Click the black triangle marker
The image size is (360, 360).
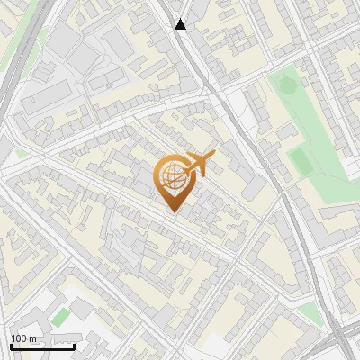(181, 24)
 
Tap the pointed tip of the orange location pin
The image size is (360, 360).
(174, 212)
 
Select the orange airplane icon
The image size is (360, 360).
(198, 165)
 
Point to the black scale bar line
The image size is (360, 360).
(42, 346)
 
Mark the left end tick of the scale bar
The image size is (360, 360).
(11, 345)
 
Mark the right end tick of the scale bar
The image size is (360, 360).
(75, 345)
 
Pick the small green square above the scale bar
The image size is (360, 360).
(59, 317)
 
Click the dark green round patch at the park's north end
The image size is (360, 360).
(287, 86)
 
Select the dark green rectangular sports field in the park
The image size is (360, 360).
(298, 160)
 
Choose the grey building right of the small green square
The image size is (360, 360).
(81, 309)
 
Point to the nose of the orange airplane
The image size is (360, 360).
(214, 156)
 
